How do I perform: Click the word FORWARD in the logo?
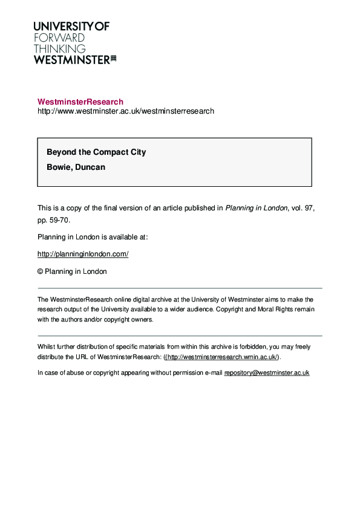coord(59,37)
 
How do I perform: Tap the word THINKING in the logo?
coord(59,48)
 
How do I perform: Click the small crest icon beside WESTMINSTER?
coord(113,59)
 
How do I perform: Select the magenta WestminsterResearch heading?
coord(80,102)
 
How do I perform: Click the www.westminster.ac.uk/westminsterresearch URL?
coord(126,111)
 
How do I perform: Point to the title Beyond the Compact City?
coord(96,152)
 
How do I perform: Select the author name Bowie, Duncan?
coord(76,167)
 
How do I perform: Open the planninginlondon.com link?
coord(83,254)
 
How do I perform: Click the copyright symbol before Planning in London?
coord(41,271)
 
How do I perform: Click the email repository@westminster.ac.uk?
coord(267,373)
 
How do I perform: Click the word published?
coord(197,208)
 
